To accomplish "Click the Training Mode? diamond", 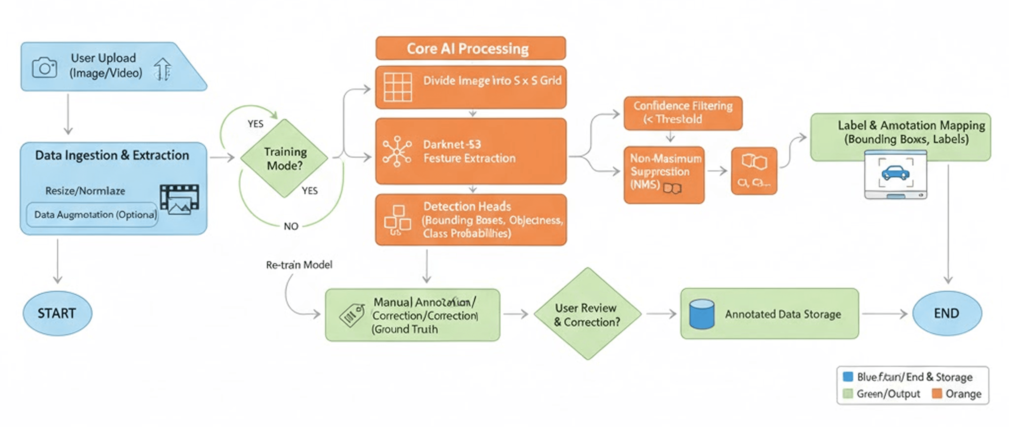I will (x=284, y=158).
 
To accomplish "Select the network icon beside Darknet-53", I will (x=397, y=151).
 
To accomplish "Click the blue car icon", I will (x=895, y=172).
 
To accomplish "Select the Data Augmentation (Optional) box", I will (x=92, y=214).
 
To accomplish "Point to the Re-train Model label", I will (x=299, y=265).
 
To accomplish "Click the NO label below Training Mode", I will (x=291, y=226).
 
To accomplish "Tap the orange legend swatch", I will (x=937, y=393).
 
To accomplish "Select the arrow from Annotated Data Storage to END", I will (x=884, y=314).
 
